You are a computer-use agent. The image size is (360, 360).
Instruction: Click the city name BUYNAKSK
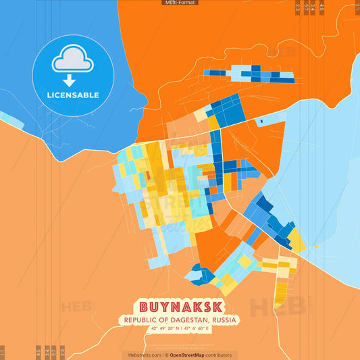point(180,307)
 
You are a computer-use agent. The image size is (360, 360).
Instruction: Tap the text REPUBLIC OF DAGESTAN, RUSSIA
point(180,319)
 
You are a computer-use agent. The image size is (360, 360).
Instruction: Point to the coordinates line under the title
point(180,329)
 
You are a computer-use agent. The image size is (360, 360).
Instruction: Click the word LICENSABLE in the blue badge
point(73,95)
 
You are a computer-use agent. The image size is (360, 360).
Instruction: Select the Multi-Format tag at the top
point(180,3)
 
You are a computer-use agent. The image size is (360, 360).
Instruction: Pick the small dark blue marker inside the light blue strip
point(260,122)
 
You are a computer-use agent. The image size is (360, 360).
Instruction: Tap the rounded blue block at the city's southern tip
point(197,274)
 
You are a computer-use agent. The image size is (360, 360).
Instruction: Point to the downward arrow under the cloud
point(73,80)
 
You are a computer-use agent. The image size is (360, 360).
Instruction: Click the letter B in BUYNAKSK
point(145,307)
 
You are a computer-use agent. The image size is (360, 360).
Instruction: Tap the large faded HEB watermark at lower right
point(277,307)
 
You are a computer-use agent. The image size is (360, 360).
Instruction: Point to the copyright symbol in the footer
point(166,355)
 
